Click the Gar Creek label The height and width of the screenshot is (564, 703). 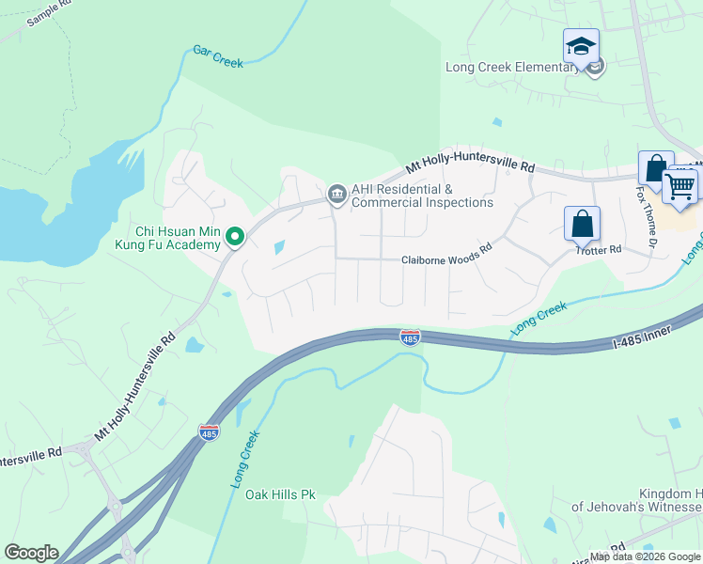coord(218,56)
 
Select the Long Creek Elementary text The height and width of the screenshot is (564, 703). coord(512,67)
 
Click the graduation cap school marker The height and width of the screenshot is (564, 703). coord(581,46)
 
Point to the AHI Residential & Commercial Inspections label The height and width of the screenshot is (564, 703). coord(422,196)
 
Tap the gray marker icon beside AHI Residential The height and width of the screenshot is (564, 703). coord(336,195)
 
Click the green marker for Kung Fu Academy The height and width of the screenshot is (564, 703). coord(235,238)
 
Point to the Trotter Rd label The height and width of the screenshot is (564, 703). coord(600,250)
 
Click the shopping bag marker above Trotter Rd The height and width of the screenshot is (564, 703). coord(582,225)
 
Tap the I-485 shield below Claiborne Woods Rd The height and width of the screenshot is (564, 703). coord(410,337)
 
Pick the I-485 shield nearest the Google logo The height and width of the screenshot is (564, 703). coord(209,432)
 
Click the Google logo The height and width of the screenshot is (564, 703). coord(31,553)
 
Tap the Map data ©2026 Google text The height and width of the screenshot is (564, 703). coord(646,556)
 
